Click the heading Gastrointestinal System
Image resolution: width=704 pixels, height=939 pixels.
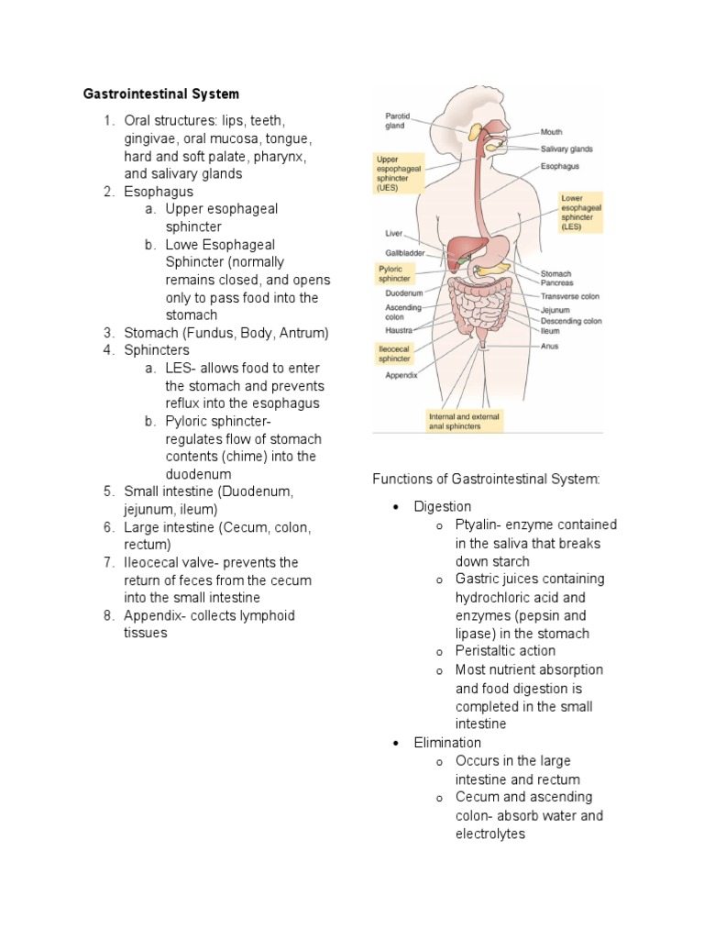point(161,94)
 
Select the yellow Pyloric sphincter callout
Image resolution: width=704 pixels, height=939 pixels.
point(395,273)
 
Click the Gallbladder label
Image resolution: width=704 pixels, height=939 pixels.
point(403,252)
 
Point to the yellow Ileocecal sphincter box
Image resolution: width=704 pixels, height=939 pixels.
point(395,353)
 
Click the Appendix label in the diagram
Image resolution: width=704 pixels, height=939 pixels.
point(401,374)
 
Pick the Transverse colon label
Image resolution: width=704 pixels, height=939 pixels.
point(571,296)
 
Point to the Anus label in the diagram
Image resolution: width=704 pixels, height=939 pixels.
point(550,346)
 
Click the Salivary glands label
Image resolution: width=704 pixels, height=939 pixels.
point(566,149)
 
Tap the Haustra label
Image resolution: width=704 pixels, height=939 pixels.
point(400,329)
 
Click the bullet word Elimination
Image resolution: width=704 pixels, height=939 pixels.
point(447,743)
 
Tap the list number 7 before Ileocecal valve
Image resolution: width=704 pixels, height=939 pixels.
point(107,562)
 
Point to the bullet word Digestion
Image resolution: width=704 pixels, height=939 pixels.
point(443,506)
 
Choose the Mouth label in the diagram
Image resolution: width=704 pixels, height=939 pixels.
point(552,132)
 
